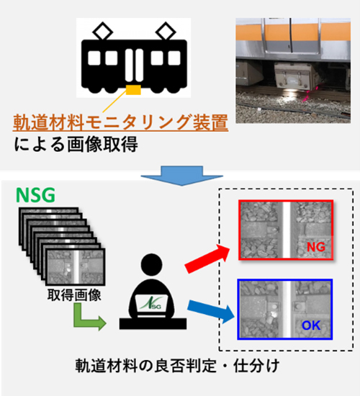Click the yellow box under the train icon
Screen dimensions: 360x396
coord(133,90)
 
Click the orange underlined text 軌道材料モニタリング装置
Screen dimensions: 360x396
coord(120,122)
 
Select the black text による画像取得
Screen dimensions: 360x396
coord(76,144)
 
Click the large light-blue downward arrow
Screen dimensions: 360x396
coord(182,176)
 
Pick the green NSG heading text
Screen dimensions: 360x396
coord(35,195)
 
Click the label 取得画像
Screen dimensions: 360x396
coord(74,295)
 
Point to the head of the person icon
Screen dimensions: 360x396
coord(152,265)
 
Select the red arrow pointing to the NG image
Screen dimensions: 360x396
coord(207,258)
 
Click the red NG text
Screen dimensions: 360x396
coord(316,247)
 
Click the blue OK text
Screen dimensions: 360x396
coord(311,325)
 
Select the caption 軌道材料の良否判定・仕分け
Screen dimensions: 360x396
coord(177,366)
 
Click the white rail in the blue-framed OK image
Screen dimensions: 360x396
coord(287,309)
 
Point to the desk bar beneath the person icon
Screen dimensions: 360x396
coord(153,323)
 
